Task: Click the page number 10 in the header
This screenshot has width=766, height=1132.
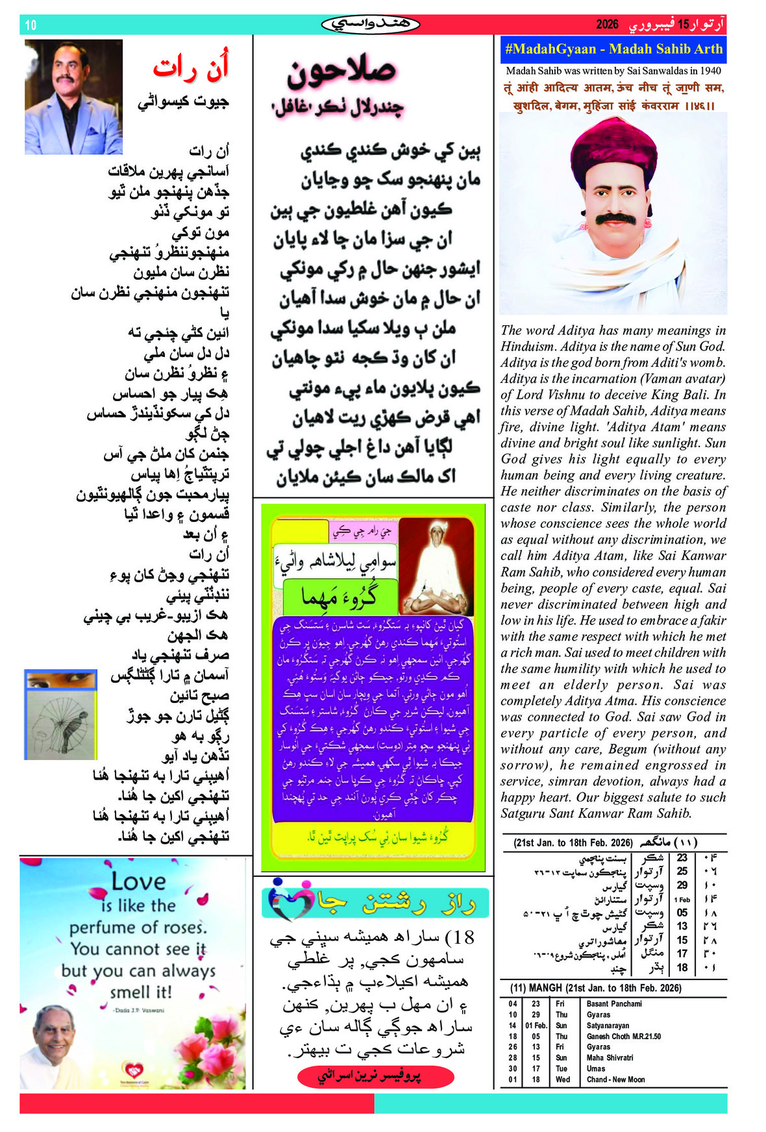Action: [31, 25]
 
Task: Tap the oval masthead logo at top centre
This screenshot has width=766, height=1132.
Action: [371, 25]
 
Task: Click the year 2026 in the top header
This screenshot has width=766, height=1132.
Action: [607, 25]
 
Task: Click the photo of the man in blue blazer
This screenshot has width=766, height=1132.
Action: [73, 97]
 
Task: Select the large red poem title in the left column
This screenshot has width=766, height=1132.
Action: [191, 68]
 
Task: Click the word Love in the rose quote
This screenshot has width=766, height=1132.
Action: [138, 881]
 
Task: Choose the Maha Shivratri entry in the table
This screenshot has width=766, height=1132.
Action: [610, 1057]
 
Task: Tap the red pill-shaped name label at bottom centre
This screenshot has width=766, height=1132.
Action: [375, 1076]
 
